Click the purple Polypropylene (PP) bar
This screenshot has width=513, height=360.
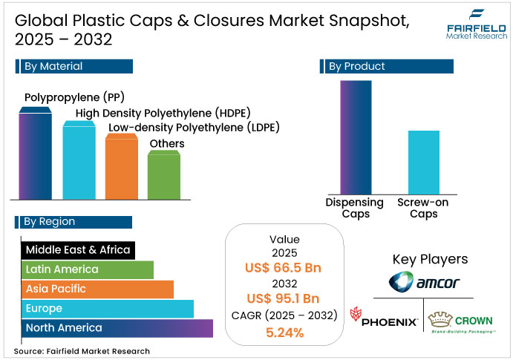[x=35, y=156]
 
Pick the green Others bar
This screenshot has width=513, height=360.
[x=163, y=176]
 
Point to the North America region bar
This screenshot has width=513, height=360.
[x=117, y=328]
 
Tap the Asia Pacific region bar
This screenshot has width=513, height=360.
[x=97, y=289]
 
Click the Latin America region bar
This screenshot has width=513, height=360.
[x=87, y=269]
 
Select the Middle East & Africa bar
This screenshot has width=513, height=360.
[x=77, y=250]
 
